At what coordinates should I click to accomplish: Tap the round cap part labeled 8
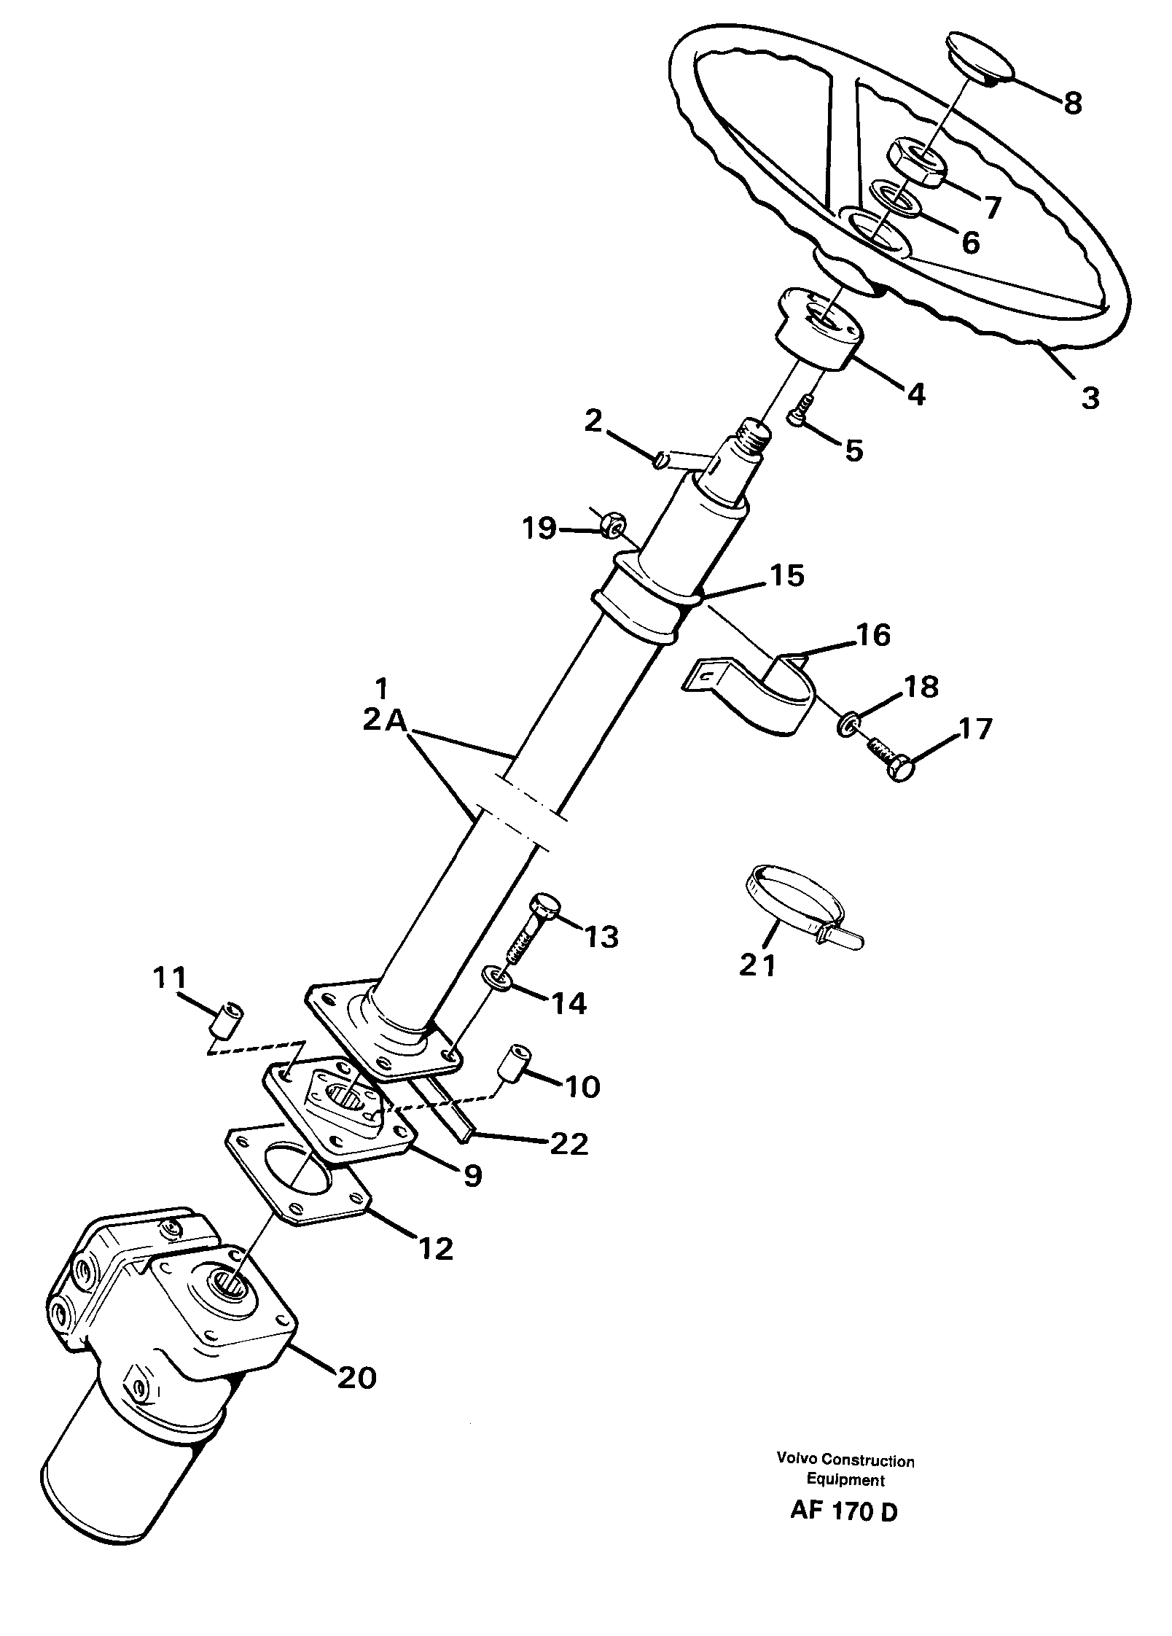[980, 55]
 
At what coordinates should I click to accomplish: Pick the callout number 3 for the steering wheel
[1089, 397]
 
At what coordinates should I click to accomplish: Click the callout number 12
[435, 1249]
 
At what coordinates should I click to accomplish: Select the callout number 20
[356, 1377]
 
